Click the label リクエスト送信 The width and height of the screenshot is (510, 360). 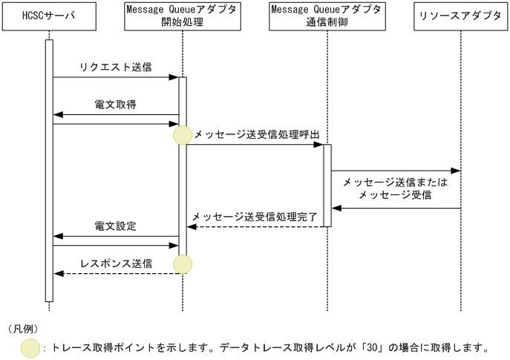point(115,68)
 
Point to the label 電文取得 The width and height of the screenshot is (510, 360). point(115,105)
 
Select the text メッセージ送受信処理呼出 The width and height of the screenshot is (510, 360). point(256,134)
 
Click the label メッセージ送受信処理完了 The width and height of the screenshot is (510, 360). point(255,217)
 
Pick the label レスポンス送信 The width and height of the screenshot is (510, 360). point(116,264)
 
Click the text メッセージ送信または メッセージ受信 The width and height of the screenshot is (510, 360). point(395,189)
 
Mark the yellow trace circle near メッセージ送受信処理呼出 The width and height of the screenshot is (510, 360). point(182,135)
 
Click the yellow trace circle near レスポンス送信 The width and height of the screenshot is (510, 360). point(183,264)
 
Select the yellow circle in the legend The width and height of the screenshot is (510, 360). point(31,347)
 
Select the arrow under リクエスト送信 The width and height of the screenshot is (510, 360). point(115,77)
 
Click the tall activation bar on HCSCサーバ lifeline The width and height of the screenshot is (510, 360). point(49,171)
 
